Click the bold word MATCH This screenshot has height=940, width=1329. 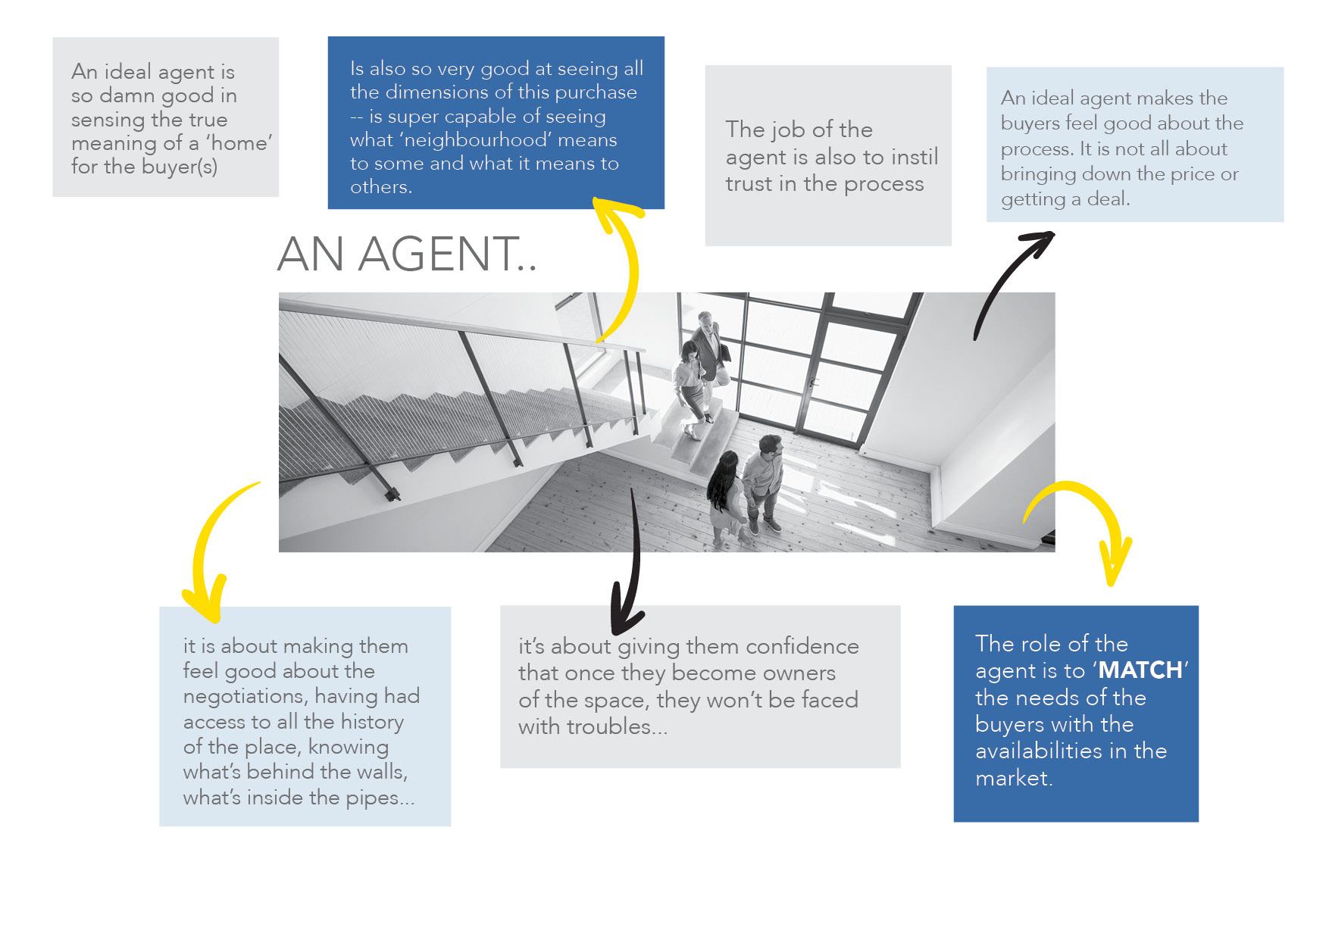click(x=1140, y=670)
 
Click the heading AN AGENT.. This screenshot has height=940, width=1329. click(x=407, y=254)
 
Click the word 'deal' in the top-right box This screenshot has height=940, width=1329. click(x=1107, y=199)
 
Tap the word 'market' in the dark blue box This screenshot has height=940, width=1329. click(x=1012, y=778)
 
